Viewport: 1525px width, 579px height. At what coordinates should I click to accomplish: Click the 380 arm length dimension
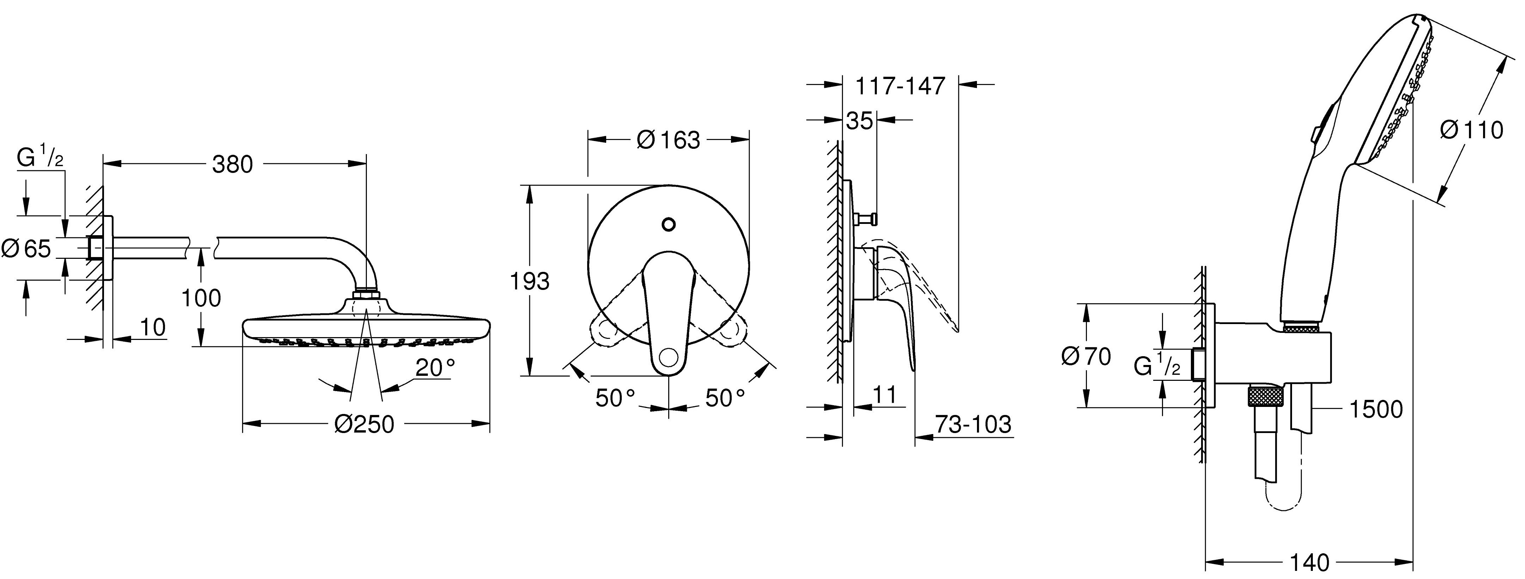(x=233, y=165)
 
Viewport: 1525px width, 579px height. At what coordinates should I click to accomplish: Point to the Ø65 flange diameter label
(x=27, y=249)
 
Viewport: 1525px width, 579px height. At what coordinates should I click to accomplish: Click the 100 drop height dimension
(x=201, y=298)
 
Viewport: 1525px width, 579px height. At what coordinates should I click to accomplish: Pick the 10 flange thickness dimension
(x=153, y=327)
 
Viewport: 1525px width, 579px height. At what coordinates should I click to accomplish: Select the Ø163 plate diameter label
(x=668, y=140)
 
